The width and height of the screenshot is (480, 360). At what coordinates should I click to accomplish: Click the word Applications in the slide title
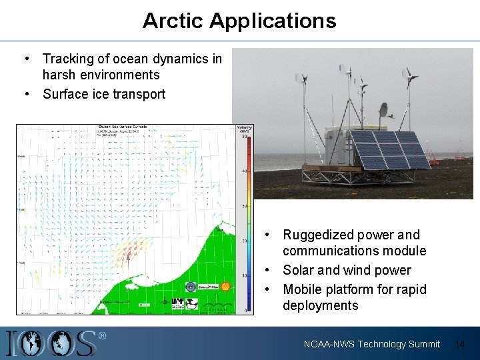click(x=273, y=21)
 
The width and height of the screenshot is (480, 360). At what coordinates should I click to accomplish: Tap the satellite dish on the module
click(x=383, y=111)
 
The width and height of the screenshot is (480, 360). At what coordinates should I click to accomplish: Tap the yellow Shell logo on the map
click(x=225, y=286)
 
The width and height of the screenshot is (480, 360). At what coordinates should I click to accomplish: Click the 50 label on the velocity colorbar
click(x=245, y=137)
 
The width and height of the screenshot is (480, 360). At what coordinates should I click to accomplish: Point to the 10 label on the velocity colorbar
click(x=245, y=275)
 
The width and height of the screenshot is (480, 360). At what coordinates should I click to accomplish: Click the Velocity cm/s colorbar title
click(x=244, y=129)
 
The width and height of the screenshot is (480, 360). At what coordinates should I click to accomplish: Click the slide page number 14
click(x=459, y=344)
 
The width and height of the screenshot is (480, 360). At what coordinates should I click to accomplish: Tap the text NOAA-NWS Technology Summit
click(x=372, y=344)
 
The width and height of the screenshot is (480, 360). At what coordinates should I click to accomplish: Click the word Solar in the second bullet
click(x=298, y=270)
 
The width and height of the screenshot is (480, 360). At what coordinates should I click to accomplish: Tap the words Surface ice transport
click(x=104, y=94)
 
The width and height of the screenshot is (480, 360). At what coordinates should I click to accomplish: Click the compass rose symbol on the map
click(x=165, y=301)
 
